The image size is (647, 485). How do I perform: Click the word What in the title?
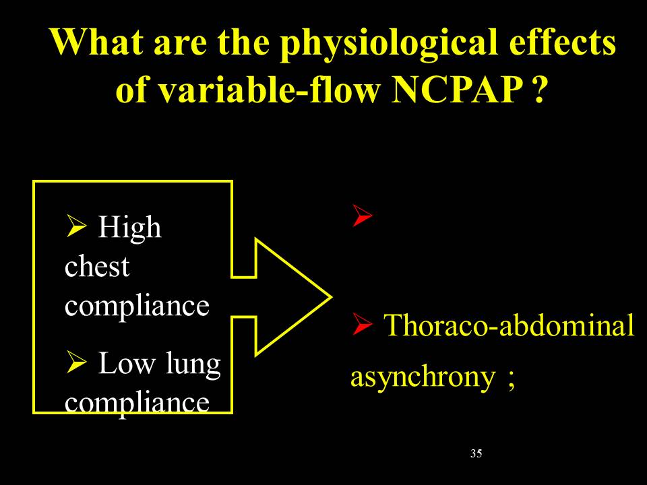pos(97,42)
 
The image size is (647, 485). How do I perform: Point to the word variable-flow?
pos(269,90)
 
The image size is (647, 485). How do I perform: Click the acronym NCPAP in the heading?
pos(457,90)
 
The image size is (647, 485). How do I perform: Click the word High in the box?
pos(129,228)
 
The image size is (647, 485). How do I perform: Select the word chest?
pos(97,267)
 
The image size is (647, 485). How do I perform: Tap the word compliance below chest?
pos(137,306)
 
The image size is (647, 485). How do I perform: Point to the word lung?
pos(193,364)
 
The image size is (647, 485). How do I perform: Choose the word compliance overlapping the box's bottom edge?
pos(137,403)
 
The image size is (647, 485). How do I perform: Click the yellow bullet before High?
pos(76,226)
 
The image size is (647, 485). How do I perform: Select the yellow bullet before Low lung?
pos(76,362)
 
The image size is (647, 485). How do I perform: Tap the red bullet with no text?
pos(363,216)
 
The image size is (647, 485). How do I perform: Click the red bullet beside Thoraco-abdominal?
pos(363,325)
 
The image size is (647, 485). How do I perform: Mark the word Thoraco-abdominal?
pos(509,325)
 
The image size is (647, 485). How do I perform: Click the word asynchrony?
pos(423,377)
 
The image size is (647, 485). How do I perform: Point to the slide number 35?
pos(476,453)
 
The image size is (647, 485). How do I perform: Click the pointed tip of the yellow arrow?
pos(332,297)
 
